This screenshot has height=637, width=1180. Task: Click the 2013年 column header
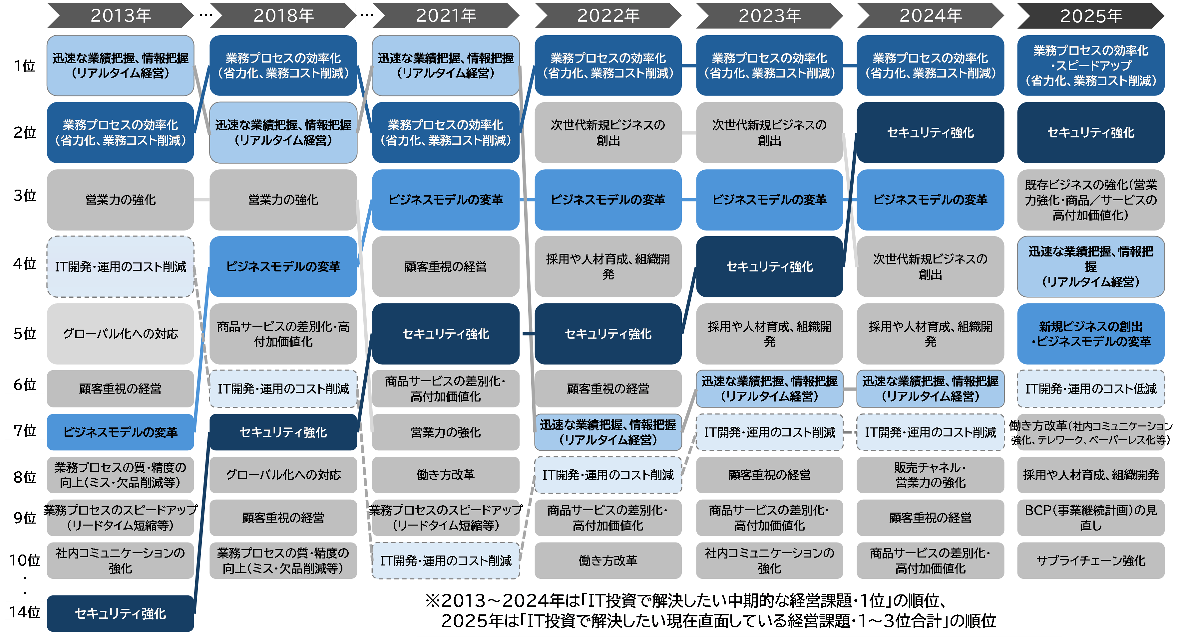[121, 16]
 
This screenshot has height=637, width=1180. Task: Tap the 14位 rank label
[25, 612]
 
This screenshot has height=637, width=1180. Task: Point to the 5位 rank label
[25, 333]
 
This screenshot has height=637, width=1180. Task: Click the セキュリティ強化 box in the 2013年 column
[121, 613]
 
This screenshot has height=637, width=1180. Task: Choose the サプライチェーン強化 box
[1091, 560]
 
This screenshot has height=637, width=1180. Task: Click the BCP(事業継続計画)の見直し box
[1091, 518]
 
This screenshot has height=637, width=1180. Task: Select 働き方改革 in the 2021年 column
[445, 475]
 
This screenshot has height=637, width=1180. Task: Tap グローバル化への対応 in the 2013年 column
[121, 334]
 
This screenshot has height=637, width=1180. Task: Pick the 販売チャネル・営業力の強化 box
[930, 475]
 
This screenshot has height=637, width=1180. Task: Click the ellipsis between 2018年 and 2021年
[366, 16]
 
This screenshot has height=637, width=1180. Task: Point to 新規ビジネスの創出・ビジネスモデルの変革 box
[1091, 334]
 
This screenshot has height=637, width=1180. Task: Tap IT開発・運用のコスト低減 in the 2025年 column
[1091, 389]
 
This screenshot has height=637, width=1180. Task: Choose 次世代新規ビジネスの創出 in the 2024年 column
[930, 267]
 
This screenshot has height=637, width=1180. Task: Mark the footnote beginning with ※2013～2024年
[738, 611]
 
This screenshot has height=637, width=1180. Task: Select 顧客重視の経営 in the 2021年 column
[445, 267]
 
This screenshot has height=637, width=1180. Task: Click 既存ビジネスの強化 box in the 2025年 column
[1091, 200]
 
